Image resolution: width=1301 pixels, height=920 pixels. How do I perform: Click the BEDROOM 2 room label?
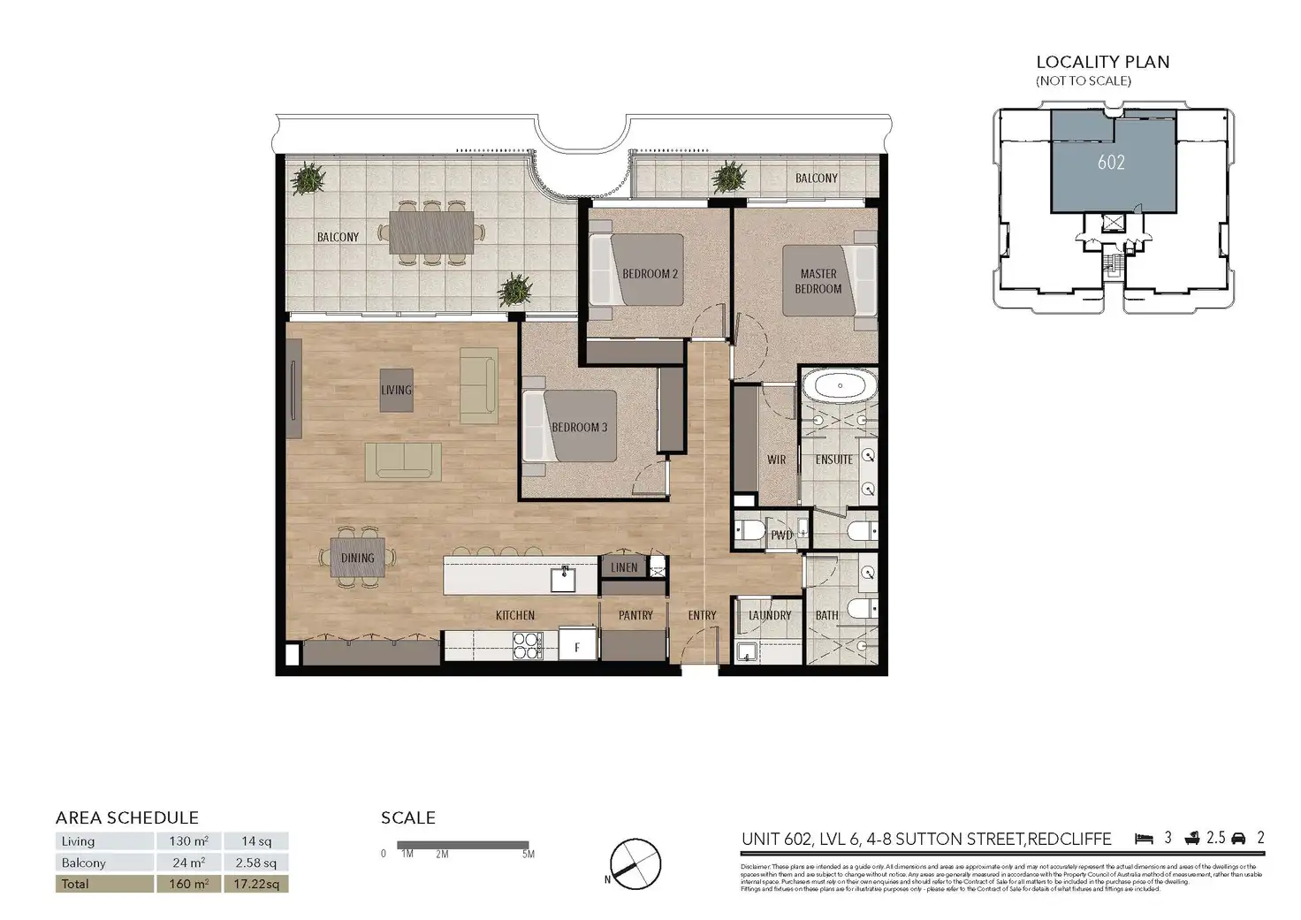(x=650, y=274)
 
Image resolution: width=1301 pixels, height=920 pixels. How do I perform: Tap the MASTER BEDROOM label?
(x=818, y=282)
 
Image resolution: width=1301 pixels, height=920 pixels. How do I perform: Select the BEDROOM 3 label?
(x=579, y=428)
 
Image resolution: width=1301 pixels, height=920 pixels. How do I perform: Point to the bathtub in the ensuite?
(x=840, y=386)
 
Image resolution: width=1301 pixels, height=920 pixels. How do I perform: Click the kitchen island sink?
(x=563, y=580)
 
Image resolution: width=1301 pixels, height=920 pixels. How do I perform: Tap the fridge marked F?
(x=578, y=647)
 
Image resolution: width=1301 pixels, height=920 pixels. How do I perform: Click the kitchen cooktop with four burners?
(x=528, y=646)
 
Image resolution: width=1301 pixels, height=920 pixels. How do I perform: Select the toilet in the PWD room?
(x=751, y=530)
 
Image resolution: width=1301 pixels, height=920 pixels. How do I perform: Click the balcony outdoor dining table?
(x=431, y=232)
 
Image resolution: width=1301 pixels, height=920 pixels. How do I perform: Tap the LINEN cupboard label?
(x=624, y=567)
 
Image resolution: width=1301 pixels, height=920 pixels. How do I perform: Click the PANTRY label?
(x=635, y=615)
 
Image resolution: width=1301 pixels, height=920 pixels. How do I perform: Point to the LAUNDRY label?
(x=770, y=615)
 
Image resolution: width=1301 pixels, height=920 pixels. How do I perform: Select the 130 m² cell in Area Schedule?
(x=188, y=841)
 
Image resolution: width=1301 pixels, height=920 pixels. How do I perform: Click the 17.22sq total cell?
(x=256, y=884)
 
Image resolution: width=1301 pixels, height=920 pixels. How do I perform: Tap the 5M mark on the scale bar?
(x=528, y=854)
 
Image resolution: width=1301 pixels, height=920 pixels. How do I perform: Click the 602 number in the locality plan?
(x=1111, y=162)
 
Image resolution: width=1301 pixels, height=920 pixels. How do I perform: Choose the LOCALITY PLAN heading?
(x=1102, y=62)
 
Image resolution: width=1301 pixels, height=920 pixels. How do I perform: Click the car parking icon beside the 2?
(x=1238, y=839)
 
